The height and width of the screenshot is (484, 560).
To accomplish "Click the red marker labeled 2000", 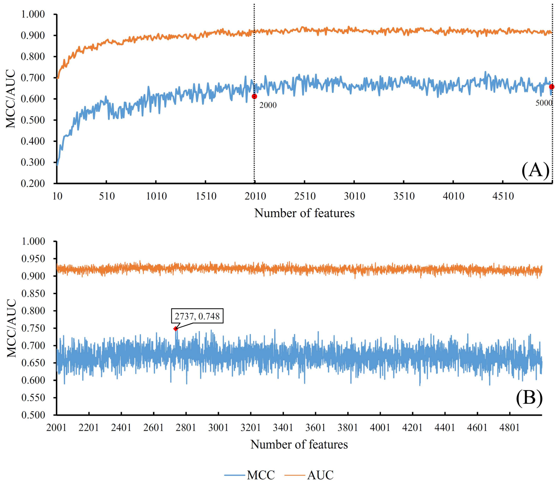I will tap(254, 96).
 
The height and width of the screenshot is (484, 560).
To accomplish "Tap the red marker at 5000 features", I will tap(552, 87).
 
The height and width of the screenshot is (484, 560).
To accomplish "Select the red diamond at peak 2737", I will tap(175, 329).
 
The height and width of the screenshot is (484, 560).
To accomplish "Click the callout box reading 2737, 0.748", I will tap(197, 316).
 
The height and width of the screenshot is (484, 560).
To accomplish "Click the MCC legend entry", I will tap(250, 475).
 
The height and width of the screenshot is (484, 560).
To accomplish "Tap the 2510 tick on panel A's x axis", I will tap(305, 196).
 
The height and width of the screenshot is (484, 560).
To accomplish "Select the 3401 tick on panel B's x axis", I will tap(283, 428).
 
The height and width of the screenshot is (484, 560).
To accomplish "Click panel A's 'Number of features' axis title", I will tap(304, 213).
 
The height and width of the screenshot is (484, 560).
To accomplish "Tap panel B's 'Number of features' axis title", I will tap(299, 444).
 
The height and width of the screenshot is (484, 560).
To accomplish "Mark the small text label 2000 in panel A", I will tap(268, 105).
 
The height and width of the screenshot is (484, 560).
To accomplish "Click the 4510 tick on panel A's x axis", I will tap(503, 196).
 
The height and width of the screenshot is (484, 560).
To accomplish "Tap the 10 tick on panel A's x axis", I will tap(57, 196).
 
